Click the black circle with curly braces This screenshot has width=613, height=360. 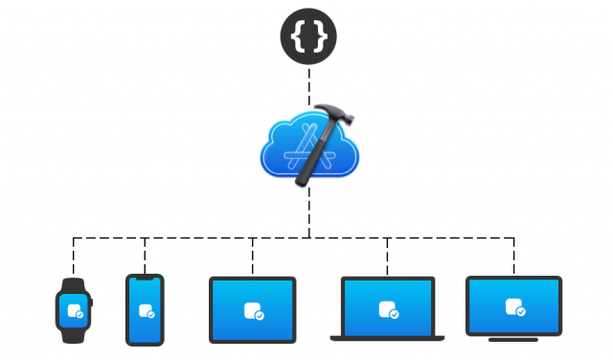[x=308, y=34]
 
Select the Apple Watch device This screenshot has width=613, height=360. [x=73, y=311]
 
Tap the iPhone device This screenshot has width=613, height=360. [x=145, y=309]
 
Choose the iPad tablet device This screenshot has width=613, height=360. [x=253, y=309]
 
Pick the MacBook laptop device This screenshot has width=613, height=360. [x=387, y=309]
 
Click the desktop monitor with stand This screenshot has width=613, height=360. [x=513, y=306]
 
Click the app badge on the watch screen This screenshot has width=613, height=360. [x=74, y=311]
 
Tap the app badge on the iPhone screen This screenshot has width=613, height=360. [x=146, y=311]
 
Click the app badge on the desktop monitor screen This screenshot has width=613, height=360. [x=514, y=307]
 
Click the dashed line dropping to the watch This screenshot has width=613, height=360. [x=73, y=256]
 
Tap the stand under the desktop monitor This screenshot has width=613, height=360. [x=513, y=339]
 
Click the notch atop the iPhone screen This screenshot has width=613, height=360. [x=145, y=279]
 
